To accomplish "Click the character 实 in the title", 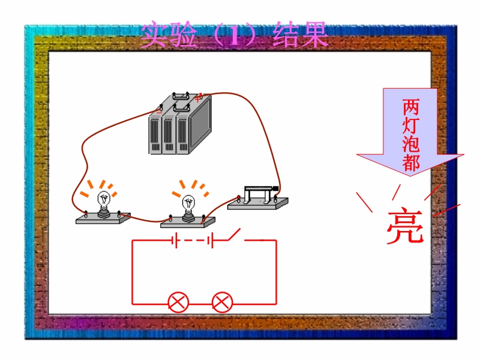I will [154, 36].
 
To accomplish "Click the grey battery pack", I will [180, 125].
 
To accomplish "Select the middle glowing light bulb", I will [188, 206].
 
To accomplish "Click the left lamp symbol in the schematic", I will [178, 302].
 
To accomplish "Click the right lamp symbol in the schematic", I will [223, 302].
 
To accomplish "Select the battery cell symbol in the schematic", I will [192, 241].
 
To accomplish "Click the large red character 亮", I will [404, 227].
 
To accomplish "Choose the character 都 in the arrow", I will [411, 163].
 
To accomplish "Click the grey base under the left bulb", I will [103, 219].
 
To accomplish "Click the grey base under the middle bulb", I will [187, 223].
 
